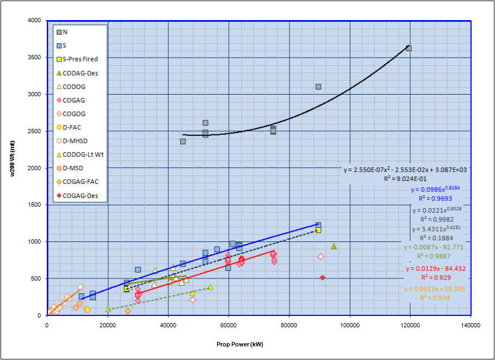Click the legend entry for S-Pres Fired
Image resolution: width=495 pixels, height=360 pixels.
79,59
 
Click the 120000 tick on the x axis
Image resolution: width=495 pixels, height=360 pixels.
410,325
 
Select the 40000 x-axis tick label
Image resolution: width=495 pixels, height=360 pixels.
168,325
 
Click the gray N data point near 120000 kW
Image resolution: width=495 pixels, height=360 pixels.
409,48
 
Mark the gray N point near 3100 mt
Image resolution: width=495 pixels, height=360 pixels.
318,86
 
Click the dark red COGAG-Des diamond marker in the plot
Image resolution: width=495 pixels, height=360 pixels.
323,277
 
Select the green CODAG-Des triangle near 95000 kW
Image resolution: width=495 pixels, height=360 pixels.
334,246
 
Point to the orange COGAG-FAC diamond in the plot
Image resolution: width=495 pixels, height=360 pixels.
128,311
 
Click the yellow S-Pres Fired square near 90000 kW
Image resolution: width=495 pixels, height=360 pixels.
318,230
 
